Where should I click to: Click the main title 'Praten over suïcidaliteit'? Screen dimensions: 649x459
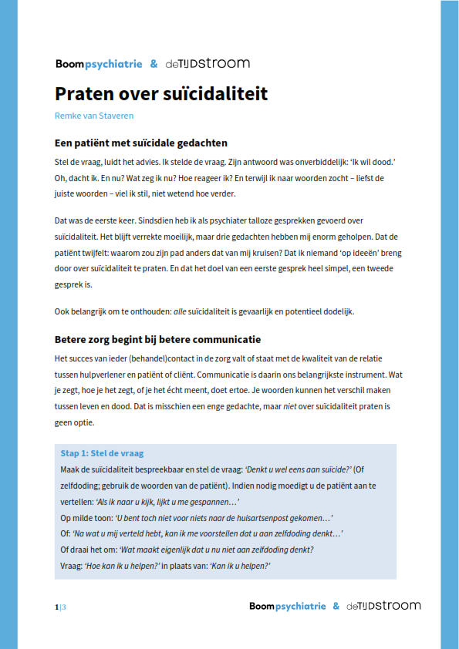pos(161,94)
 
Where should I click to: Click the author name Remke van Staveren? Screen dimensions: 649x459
pos(94,116)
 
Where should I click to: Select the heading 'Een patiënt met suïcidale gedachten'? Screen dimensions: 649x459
pos(141,143)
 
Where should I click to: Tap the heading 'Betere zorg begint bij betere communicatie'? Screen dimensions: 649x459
pos(157,339)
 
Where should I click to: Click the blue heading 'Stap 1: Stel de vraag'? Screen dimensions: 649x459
pos(102,453)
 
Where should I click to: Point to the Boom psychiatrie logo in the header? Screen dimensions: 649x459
pos(99,64)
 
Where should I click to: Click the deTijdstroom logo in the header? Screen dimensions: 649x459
pos(208,64)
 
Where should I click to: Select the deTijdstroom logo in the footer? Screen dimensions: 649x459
pos(383,607)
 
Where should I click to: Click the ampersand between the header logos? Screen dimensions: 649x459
pos(154,64)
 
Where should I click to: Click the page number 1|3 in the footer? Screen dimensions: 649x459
pos(60,607)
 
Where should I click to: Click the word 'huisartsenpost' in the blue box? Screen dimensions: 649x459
pos(265,517)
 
